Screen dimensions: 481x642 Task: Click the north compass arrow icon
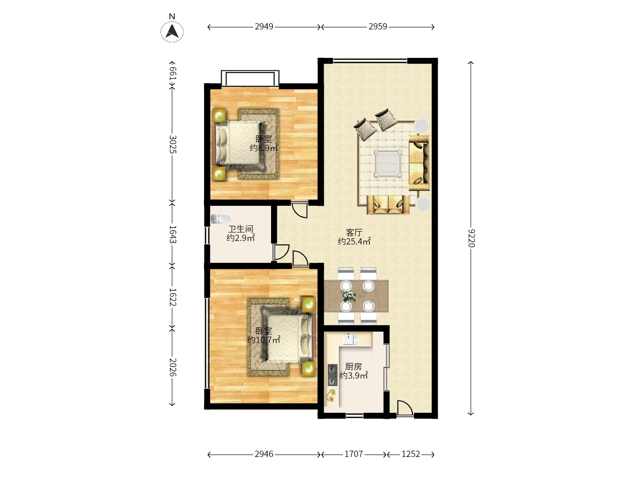click(172, 32)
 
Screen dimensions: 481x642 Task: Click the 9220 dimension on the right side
click(471, 238)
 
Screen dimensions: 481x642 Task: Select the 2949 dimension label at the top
click(264, 27)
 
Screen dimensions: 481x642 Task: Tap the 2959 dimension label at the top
click(378, 27)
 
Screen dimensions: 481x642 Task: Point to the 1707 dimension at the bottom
click(354, 454)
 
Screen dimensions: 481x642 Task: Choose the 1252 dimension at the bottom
click(411, 454)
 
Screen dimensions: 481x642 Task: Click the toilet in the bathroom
click(220, 219)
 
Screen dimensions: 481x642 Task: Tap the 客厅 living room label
click(354, 232)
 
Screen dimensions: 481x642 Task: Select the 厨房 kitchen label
click(354, 367)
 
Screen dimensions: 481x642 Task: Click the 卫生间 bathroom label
click(241, 229)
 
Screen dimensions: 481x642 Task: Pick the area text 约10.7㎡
click(264, 340)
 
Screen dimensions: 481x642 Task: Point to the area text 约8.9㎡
click(263, 148)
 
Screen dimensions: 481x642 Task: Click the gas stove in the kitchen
click(333, 375)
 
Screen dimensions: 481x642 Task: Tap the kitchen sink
click(350, 339)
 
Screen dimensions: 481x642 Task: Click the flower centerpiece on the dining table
click(349, 296)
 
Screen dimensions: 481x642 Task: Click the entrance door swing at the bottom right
click(404, 408)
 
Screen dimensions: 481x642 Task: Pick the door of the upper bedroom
click(299, 209)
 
